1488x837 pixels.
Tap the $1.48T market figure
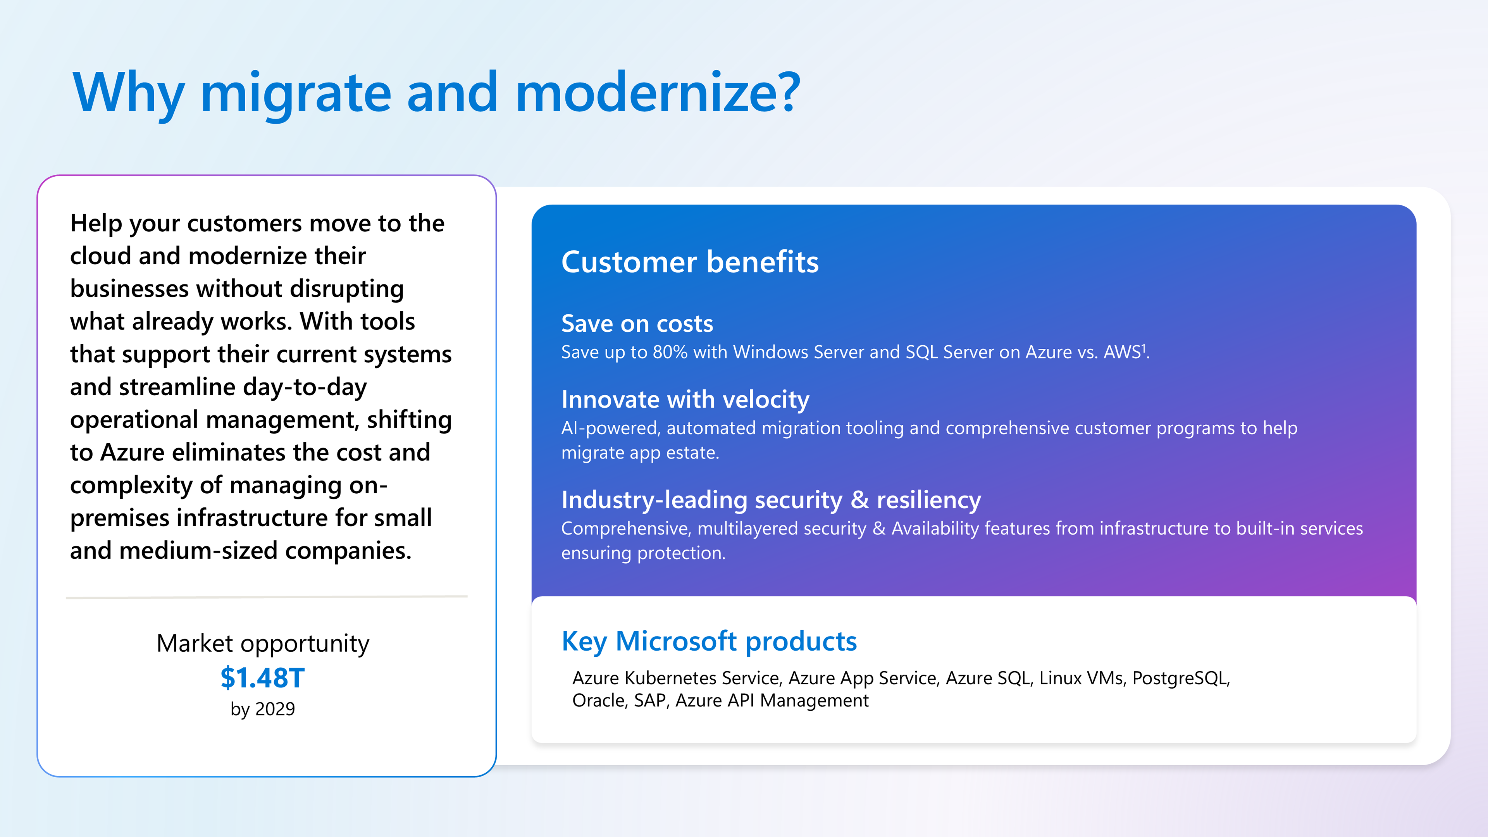(x=262, y=678)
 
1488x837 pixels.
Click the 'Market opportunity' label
(x=262, y=644)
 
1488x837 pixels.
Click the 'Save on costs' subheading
(x=637, y=324)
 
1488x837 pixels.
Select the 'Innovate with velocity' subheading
(x=685, y=400)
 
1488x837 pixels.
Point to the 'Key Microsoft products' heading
(x=709, y=641)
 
